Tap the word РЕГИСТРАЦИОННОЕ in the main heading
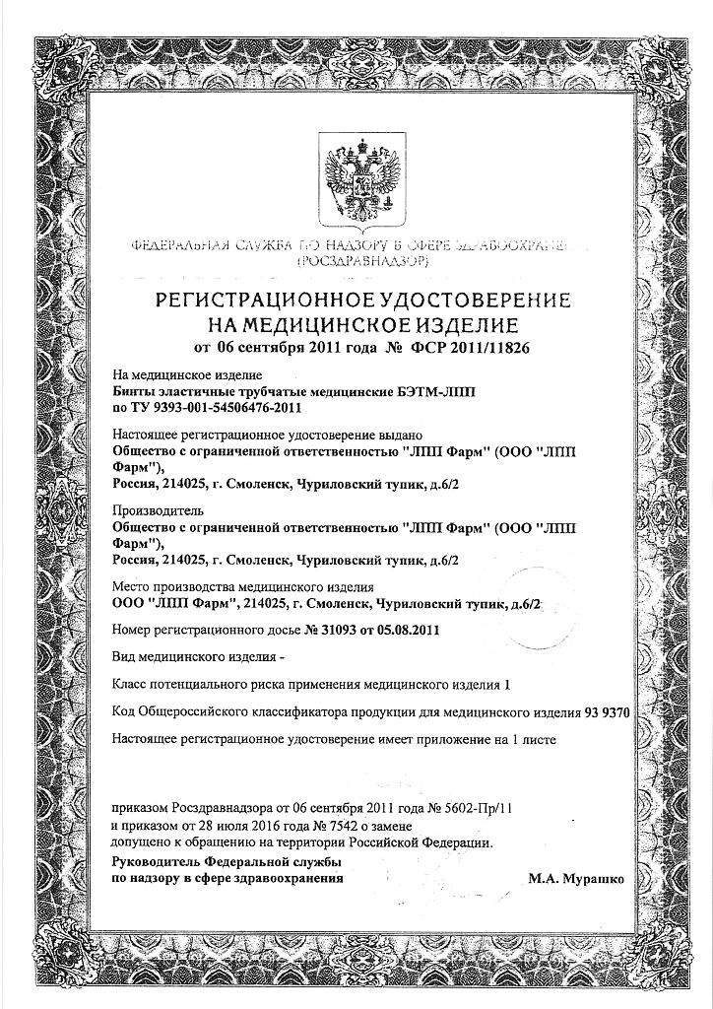265,300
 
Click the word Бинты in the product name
137,390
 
